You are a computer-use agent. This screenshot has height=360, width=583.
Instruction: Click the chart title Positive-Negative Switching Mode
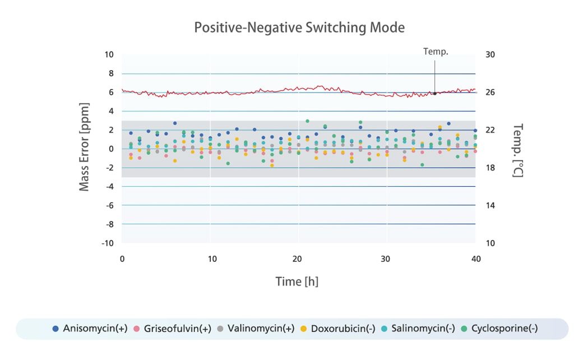pyautogui.click(x=299, y=27)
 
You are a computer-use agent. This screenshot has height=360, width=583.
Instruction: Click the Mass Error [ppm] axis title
pyautogui.click(x=85, y=147)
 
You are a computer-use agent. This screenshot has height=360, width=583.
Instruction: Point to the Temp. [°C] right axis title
pyautogui.click(x=517, y=150)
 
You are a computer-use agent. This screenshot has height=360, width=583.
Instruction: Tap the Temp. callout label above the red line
pyautogui.click(x=436, y=52)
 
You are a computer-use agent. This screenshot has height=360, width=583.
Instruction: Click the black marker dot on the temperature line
pyautogui.click(x=434, y=93)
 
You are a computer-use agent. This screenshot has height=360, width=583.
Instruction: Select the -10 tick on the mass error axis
pyautogui.click(x=108, y=243)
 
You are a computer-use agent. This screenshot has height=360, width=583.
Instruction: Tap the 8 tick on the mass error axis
pyautogui.click(x=110, y=73)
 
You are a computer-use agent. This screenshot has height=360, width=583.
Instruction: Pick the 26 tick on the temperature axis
pyautogui.click(x=490, y=93)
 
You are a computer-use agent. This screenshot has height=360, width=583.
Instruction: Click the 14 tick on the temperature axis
pyautogui.click(x=490, y=206)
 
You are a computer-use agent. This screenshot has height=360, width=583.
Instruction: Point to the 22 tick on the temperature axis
pyautogui.click(x=490, y=130)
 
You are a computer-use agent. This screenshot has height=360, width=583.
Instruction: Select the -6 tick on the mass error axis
pyautogui.click(x=109, y=206)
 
